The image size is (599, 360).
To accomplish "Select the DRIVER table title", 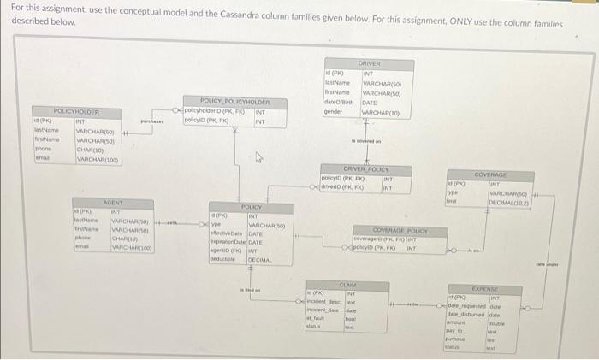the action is point(369,63).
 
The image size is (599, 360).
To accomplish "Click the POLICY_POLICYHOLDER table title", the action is point(222,102).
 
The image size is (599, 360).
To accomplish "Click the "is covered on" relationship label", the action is point(364,140).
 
